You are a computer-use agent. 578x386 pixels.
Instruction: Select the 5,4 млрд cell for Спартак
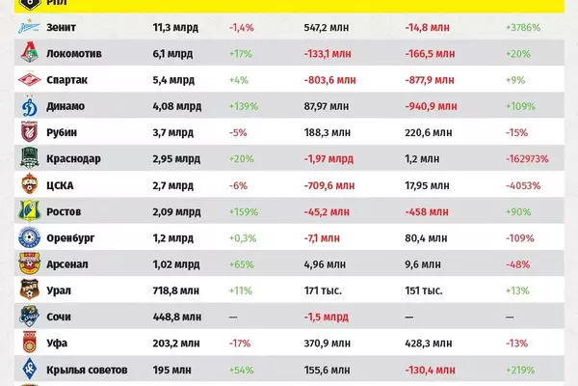click(x=174, y=80)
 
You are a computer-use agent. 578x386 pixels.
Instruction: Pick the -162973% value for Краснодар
click(x=530, y=158)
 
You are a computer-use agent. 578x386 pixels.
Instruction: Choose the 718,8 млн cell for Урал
click(x=179, y=289)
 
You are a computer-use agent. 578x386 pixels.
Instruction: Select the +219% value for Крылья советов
click(x=524, y=367)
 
